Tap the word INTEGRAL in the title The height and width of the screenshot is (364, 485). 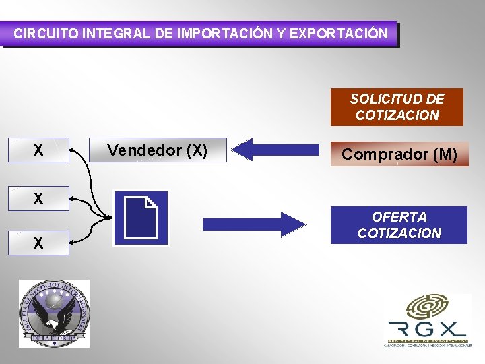point(115,33)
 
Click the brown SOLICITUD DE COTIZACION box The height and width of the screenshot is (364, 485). point(397,107)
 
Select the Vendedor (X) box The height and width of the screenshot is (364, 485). point(158,150)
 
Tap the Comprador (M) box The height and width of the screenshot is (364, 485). point(399,154)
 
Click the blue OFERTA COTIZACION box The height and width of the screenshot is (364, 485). point(399,225)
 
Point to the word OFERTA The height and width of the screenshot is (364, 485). point(399,217)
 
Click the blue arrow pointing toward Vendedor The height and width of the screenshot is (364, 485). point(279,150)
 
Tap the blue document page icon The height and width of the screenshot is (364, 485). point(141,218)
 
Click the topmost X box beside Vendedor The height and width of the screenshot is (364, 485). point(38,150)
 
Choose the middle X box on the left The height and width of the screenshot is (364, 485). point(38,199)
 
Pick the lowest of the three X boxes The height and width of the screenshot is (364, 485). point(38,243)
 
